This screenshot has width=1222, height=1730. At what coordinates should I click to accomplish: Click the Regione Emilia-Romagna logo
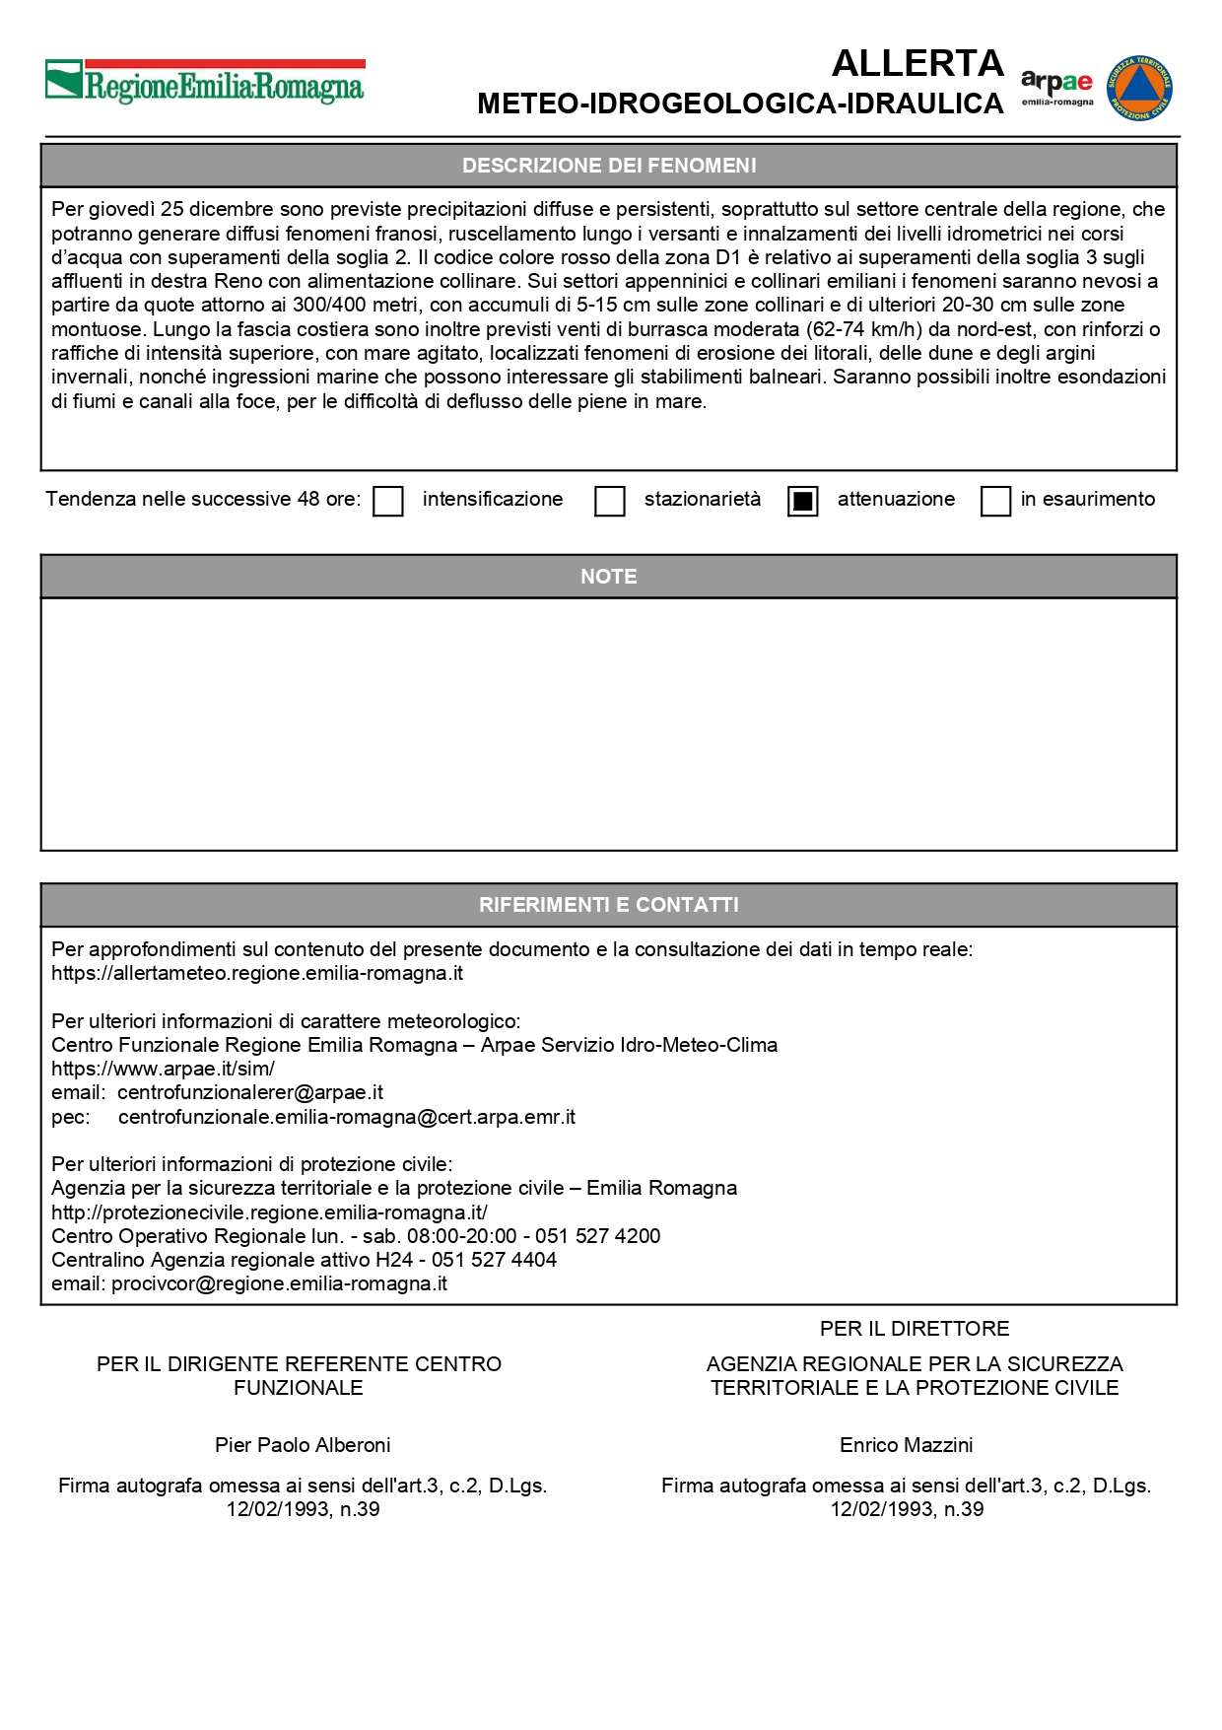point(205,83)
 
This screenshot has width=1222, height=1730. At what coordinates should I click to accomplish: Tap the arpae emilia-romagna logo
point(1056,87)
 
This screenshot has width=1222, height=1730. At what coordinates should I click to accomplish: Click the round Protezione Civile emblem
point(1139,88)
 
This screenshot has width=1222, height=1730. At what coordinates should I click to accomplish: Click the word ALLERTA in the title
point(917,64)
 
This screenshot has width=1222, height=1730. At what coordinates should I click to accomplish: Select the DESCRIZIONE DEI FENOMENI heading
point(609,166)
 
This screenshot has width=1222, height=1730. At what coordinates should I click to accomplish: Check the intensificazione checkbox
point(388,501)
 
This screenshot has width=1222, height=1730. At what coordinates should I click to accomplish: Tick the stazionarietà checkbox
point(610,501)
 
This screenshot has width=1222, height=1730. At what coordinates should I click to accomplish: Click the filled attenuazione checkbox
point(803,501)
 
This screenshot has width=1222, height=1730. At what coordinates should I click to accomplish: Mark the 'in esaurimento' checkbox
point(995,501)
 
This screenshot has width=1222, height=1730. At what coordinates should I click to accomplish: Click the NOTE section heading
point(609,577)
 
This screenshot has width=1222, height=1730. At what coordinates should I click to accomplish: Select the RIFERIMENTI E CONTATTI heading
point(609,905)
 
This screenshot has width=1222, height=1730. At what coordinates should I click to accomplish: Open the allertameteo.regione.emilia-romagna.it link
point(257,974)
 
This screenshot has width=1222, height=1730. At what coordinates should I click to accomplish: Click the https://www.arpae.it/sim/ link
point(163,1069)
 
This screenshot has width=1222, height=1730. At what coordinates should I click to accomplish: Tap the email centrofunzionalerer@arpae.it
point(250,1092)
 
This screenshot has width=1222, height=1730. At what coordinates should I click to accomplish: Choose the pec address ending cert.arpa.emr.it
point(347,1117)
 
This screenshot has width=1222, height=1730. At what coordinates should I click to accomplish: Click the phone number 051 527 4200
point(597,1236)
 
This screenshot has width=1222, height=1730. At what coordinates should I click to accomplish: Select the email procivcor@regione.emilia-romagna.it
point(279,1283)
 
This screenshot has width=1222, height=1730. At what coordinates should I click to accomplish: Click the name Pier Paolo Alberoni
point(303,1445)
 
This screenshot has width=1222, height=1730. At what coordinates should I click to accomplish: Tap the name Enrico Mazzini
point(906,1445)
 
